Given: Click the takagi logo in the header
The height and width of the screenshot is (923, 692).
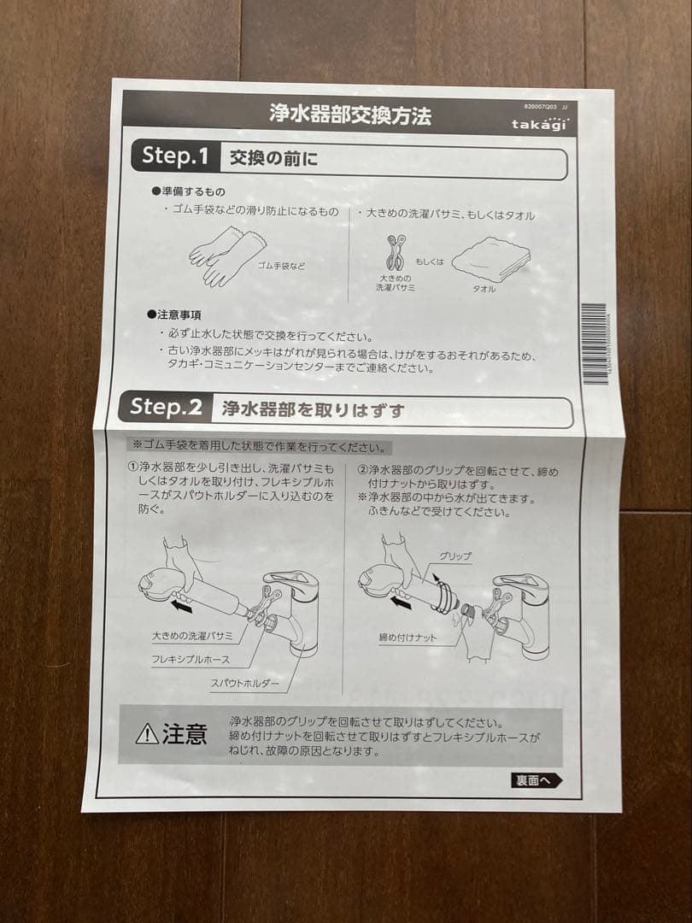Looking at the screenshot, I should pos(538,125).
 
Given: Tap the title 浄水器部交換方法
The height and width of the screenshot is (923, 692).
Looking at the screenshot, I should pos(349,115).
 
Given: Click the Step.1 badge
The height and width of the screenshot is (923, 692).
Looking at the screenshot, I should pos(174,156).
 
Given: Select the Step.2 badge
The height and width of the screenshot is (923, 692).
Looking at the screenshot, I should pos(166,408).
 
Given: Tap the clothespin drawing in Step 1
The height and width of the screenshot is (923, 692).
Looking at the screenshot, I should pos(396,253).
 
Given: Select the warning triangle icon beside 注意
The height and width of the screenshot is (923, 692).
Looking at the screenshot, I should pos(147,734).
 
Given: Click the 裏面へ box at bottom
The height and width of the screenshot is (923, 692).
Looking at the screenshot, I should pos(537,779).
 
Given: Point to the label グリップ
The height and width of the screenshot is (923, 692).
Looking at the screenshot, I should pos(454,556).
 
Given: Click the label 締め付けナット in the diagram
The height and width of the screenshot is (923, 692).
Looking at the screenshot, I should pos(408,638).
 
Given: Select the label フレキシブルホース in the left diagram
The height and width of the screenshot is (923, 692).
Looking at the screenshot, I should pos(191,660).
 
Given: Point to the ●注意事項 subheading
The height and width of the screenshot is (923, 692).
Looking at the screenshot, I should pos(176,315).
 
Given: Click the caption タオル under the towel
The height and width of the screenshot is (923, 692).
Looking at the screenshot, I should pos(484,290).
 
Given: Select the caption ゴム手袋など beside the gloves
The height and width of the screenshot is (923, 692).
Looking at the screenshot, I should pos(281,266).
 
